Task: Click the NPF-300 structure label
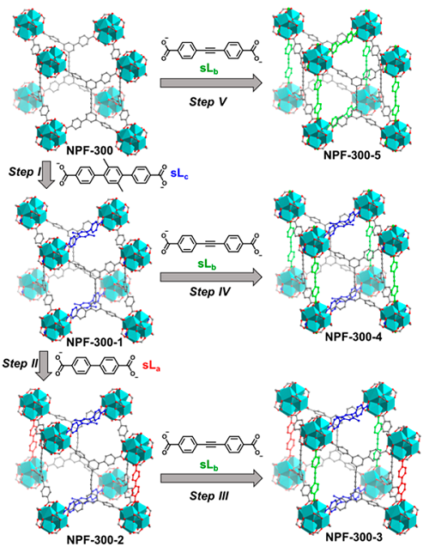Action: (x=89, y=150)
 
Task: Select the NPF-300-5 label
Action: (x=352, y=155)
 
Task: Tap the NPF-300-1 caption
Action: (x=94, y=342)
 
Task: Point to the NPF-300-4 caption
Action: (x=353, y=337)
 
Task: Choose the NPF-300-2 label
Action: (x=95, y=540)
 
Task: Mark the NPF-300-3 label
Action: (x=353, y=537)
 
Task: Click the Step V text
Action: (x=208, y=102)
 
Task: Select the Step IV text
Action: (x=209, y=292)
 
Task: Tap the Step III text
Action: (x=209, y=495)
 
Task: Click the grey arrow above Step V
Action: (x=211, y=83)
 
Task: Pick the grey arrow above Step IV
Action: (x=211, y=277)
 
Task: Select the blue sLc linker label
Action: (x=179, y=173)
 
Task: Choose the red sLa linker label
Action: (x=151, y=366)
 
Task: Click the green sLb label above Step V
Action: (x=209, y=69)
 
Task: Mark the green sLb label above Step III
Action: (x=209, y=466)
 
